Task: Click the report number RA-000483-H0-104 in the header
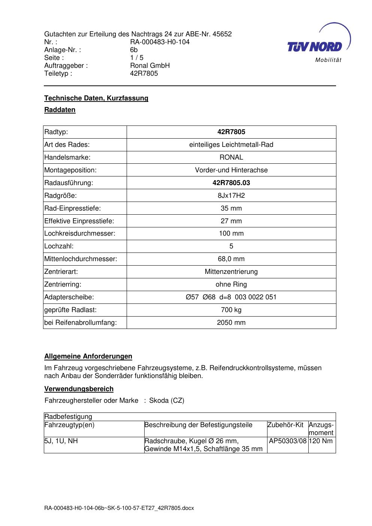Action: point(160,42)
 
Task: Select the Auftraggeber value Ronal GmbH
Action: point(150,66)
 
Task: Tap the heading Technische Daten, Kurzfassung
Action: point(96,98)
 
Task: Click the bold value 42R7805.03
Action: point(231,183)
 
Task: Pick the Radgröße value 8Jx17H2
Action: point(231,196)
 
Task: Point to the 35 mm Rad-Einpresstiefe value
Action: point(231,208)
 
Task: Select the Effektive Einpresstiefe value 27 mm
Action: point(231,221)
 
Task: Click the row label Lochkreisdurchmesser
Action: point(80,233)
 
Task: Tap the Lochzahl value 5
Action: point(231,246)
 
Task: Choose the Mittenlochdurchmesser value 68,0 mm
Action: point(231,259)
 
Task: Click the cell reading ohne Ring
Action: point(231,284)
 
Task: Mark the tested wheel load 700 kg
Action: point(231,310)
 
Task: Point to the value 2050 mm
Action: point(231,323)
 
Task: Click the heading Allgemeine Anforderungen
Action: point(88,356)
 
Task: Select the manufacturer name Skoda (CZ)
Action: point(167,400)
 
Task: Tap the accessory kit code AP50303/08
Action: point(288,441)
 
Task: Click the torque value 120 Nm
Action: point(321,441)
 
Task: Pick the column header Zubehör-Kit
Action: point(285,425)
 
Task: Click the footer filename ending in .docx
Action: point(119,508)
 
